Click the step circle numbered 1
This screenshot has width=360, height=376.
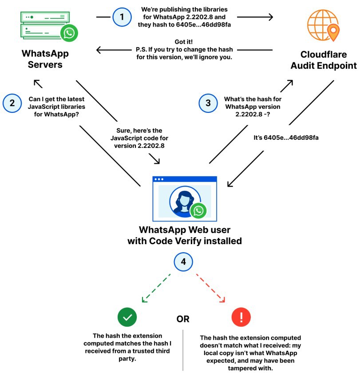(122, 17)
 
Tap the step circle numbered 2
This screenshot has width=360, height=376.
(12, 103)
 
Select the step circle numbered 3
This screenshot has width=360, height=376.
(208, 103)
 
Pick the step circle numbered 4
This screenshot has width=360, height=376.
(183, 261)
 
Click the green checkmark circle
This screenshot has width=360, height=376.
(127, 317)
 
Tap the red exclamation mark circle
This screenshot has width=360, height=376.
(241, 317)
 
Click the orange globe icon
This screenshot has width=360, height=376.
(323, 25)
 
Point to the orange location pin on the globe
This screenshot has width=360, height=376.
(333, 32)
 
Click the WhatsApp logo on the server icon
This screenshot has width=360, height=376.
(69, 33)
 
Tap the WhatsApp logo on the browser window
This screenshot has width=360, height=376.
(198, 210)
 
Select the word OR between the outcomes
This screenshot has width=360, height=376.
(183, 319)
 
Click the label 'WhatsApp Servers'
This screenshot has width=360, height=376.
(45, 59)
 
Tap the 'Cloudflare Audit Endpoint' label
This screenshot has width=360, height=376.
(324, 60)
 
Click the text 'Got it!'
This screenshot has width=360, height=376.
(184, 42)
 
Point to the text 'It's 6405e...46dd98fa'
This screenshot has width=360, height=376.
(286, 138)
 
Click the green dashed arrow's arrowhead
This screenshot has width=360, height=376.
(144, 300)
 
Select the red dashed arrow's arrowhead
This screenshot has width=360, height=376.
(222, 300)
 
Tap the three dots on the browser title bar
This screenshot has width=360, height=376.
(159, 179)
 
